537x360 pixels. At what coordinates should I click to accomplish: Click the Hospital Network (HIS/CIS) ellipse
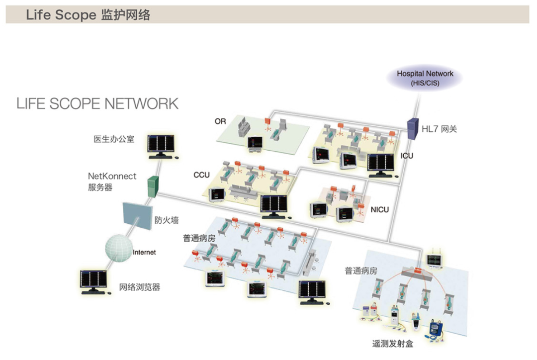pyautogui.click(x=425, y=79)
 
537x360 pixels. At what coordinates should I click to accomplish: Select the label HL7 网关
pyautogui.click(x=439, y=129)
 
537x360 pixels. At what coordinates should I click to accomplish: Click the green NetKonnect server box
pyautogui.click(x=153, y=186)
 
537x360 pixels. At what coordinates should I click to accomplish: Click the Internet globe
pyautogui.click(x=118, y=248)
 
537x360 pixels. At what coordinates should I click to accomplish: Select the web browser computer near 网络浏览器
pyautogui.click(x=94, y=282)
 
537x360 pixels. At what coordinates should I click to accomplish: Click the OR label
pyautogui.click(x=220, y=121)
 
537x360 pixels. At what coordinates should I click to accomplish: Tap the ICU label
pyautogui.click(x=407, y=156)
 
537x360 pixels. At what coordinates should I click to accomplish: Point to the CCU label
pyautogui.click(x=201, y=175)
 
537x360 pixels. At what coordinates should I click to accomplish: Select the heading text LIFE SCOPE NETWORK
pyautogui.click(x=97, y=103)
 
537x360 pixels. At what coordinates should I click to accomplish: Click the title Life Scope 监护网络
pyautogui.click(x=88, y=15)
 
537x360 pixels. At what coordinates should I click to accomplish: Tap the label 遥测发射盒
pyautogui.click(x=392, y=344)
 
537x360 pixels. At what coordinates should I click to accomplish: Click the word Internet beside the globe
pyautogui.click(x=144, y=253)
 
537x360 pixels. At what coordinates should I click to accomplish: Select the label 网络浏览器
pyautogui.click(x=140, y=287)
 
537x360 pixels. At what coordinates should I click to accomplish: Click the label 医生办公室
pyautogui.click(x=114, y=139)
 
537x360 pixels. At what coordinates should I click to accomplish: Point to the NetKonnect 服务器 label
pyautogui.click(x=112, y=181)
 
